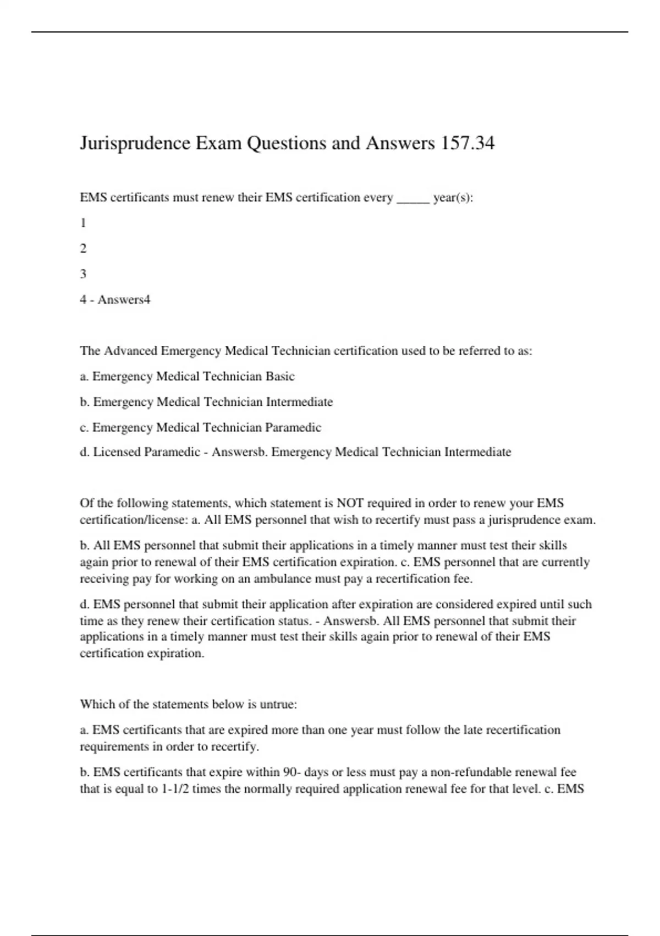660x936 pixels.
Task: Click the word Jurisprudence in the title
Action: tap(135, 143)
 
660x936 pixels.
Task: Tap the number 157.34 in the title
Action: tap(467, 143)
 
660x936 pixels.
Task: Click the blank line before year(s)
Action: tap(413, 198)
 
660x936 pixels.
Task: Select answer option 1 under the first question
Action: tap(83, 223)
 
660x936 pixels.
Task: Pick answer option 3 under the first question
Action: tap(83, 274)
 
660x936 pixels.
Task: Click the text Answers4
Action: tap(124, 300)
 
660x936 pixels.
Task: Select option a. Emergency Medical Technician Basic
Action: tap(187, 377)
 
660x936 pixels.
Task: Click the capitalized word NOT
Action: tap(350, 503)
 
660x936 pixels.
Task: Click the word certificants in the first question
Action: tap(140, 198)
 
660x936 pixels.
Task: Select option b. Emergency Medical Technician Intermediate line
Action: tap(206, 402)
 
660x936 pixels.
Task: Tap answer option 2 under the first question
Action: tap(83, 248)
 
